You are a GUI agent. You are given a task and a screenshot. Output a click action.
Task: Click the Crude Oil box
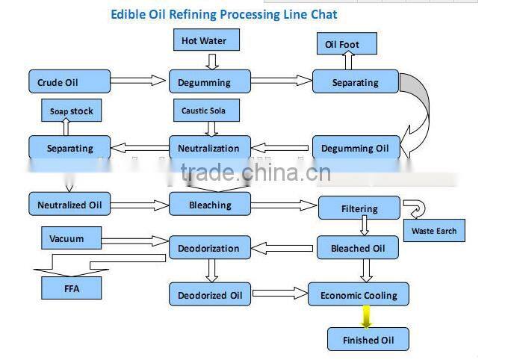pos(69,82)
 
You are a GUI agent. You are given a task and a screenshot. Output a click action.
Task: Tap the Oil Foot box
pos(346,44)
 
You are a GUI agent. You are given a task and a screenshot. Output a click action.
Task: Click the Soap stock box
pos(71,111)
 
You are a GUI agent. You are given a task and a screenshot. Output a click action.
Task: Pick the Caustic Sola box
pos(203,111)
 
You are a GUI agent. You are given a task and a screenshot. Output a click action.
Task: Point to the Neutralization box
pos(208,148)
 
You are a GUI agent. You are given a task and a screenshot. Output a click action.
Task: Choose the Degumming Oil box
pos(355,148)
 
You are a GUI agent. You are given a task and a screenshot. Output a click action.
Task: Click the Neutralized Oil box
pos(69,204)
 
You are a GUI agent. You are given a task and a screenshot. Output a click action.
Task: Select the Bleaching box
pos(210,204)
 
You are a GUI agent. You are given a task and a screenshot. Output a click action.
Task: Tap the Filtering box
pos(359,208)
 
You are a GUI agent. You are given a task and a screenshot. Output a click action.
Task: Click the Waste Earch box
pos(434,231)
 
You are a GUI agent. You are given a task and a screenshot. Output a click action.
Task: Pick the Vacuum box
pos(67,239)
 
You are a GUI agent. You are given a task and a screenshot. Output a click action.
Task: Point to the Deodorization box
pos(208,248)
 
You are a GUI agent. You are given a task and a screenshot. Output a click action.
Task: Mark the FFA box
pos(71,287)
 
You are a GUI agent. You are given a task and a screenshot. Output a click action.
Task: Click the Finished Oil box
pos(368,340)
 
